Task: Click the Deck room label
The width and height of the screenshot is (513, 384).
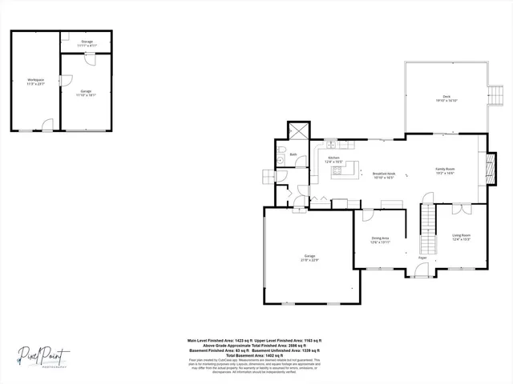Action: point(446,97)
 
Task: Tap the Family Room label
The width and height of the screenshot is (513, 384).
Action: point(445,169)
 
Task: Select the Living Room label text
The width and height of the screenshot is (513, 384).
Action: point(461,234)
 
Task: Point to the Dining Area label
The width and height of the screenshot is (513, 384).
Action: point(380,238)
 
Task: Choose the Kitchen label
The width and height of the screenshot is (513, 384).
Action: point(333,158)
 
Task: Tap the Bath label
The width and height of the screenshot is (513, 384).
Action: point(293,154)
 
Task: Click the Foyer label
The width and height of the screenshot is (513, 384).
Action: point(422,258)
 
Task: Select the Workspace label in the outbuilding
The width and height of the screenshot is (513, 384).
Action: point(35,80)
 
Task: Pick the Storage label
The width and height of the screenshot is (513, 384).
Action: point(87,42)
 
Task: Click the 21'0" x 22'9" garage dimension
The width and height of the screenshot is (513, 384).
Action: point(309,259)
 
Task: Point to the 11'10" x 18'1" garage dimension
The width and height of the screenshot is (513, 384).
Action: point(86,95)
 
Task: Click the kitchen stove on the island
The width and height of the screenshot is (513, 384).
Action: point(337,170)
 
